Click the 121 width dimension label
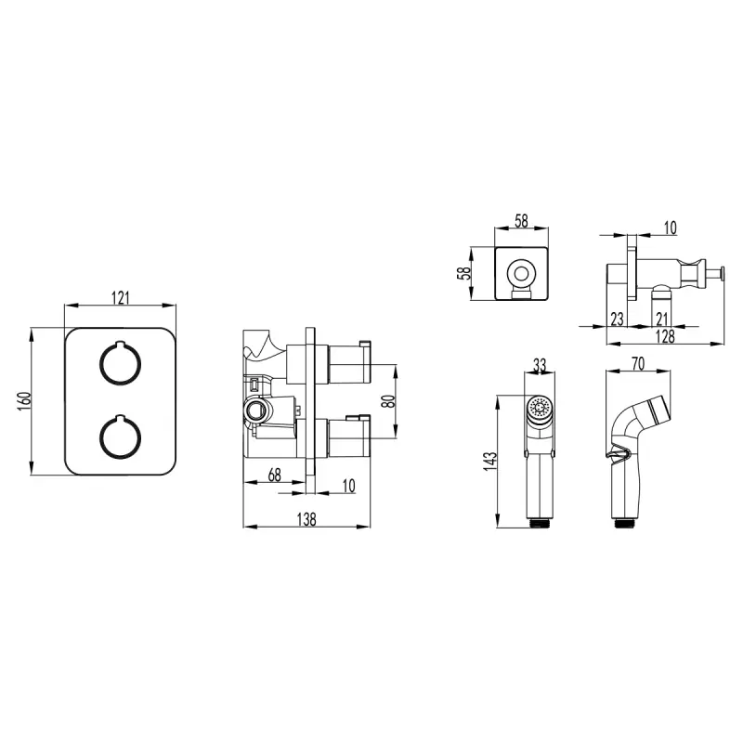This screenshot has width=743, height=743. tap(121, 298)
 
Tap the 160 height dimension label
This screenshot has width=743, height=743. tap(25, 401)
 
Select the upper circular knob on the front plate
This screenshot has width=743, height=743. tap(120, 363)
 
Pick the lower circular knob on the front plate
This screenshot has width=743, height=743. tap(120, 437)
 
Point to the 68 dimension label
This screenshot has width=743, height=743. tap(274, 475)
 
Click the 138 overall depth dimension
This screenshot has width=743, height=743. tap(306, 519)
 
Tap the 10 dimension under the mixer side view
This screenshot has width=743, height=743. tap(348, 486)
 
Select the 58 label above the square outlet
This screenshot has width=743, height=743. tap(521, 221)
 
